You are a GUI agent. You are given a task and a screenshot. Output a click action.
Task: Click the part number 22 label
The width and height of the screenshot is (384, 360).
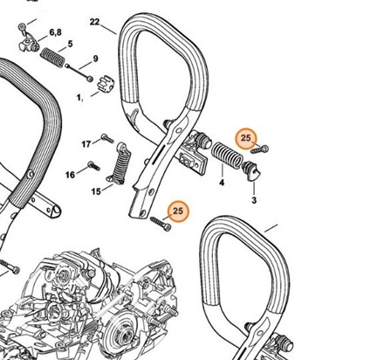click(94, 22)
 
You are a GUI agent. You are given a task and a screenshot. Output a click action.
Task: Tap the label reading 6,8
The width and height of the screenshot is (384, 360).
click(55, 32)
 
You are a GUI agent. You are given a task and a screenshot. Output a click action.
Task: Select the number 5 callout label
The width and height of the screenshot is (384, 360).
click(70, 44)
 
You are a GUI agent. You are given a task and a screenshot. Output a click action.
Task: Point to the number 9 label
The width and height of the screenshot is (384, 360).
click(95, 59)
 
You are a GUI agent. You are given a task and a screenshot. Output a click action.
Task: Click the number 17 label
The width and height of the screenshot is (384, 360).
click(86, 144)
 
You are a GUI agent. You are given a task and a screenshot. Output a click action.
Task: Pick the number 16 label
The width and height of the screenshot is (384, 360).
click(70, 175)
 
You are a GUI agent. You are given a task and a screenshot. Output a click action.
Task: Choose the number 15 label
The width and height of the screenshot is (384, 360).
click(96, 191)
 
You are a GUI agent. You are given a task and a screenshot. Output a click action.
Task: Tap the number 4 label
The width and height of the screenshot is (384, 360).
click(222, 183)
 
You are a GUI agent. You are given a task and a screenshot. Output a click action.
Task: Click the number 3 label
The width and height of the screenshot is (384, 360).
click(254, 200)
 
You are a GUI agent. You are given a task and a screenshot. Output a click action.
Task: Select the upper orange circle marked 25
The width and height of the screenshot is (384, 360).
click(246, 138)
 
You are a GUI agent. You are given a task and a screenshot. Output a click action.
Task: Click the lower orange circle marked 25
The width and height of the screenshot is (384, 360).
click(178, 211)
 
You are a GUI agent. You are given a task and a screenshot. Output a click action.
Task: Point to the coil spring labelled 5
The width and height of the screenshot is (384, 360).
click(52, 58)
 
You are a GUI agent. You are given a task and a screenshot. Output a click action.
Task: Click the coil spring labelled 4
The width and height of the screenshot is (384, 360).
click(227, 155)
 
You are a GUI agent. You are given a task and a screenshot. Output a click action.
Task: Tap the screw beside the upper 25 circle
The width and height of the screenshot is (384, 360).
click(259, 149)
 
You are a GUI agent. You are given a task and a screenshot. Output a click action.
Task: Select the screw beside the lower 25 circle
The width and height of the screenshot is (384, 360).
click(161, 224)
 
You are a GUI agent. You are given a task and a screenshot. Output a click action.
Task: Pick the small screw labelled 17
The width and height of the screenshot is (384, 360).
click(107, 138)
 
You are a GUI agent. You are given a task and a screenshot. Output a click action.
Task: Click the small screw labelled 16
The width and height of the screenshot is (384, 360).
click(93, 166)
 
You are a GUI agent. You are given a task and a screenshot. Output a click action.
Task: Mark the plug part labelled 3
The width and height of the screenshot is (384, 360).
click(251, 171)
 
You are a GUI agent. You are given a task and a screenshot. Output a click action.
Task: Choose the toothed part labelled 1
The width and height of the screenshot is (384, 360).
click(104, 84)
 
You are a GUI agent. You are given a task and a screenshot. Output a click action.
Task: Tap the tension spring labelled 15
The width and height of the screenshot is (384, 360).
click(120, 163)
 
